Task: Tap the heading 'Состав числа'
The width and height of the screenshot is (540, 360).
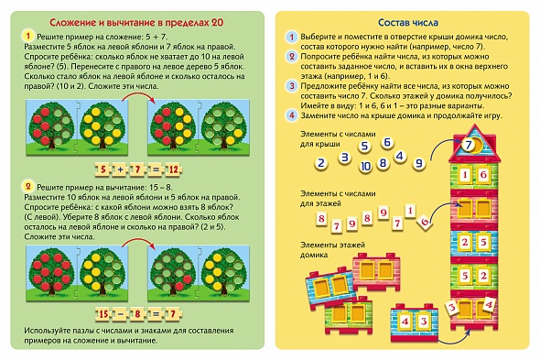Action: [408, 23]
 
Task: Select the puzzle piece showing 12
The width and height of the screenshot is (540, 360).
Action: [173, 169]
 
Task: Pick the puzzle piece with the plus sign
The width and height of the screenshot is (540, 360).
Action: [120, 169]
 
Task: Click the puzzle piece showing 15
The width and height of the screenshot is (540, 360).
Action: [103, 314]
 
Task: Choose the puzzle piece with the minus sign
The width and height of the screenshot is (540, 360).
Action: [120, 314]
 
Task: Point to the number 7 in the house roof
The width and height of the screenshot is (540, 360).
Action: [469, 145]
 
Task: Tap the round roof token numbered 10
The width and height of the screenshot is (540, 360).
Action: [365, 167]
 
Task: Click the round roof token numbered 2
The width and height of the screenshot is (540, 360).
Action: [321, 163]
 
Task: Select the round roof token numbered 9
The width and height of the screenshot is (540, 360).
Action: [419, 163]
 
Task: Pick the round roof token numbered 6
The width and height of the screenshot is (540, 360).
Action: [387, 142]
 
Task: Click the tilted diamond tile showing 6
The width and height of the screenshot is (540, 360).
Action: [425, 222]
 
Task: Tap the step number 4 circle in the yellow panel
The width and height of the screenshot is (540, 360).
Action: [291, 115]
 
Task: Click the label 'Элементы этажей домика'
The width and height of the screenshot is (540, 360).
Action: [332, 250]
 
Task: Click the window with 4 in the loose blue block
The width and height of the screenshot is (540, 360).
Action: [405, 322]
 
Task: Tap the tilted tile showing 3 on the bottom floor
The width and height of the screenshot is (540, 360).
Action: [452, 307]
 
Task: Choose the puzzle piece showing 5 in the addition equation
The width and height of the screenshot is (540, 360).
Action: [103, 169]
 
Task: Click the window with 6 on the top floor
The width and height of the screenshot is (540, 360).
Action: [483, 175]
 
